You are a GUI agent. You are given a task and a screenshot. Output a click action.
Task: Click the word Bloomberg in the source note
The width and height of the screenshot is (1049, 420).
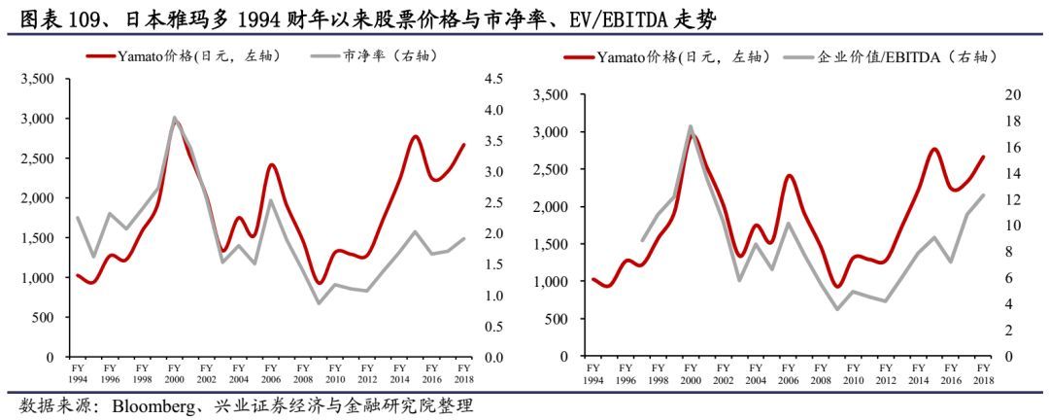[154, 403]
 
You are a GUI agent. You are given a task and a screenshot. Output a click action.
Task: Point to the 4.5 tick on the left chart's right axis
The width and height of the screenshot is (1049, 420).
[494, 79]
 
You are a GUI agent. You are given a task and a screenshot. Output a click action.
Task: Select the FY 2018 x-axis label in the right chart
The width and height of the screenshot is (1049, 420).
[983, 373]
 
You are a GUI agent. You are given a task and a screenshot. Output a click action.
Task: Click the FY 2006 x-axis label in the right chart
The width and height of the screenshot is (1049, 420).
[788, 373]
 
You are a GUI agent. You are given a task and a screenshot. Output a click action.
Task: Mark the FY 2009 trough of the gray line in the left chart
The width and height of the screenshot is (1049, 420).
[319, 303]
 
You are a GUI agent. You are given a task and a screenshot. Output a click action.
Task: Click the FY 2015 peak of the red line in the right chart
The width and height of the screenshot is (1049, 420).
[933, 149]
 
